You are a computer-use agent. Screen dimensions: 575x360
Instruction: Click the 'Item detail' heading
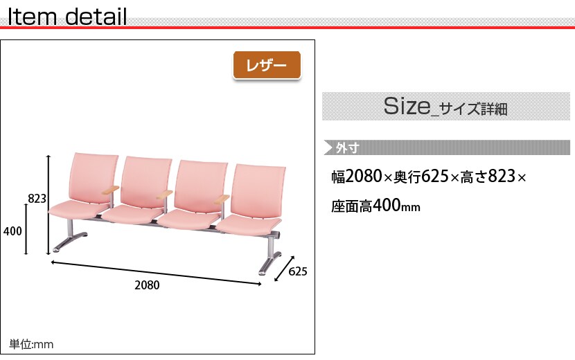point(67,17)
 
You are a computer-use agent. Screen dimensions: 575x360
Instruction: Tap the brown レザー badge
point(267,65)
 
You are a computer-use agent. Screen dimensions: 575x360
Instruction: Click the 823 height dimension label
point(37,198)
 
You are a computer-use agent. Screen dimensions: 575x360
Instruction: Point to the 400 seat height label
point(12,231)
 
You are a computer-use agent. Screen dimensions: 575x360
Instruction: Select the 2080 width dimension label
point(147,285)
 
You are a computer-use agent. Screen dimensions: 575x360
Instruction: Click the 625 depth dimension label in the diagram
point(298,271)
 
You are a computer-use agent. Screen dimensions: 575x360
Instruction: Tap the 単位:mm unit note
point(31,344)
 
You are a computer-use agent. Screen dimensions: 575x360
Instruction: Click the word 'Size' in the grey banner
point(407,106)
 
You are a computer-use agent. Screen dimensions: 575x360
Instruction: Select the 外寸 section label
point(347,147)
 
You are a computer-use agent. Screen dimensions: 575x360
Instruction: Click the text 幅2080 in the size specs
point(357,177)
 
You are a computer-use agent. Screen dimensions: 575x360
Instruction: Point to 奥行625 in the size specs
point(421,177)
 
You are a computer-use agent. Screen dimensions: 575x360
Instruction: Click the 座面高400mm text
point(375,206)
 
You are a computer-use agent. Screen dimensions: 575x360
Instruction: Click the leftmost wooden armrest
point(111,190)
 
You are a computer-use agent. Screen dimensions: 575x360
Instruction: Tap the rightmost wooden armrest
point(222,199)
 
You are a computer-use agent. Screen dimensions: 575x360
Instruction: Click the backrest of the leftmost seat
point(94,177)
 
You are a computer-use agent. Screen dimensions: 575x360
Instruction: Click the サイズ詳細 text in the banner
point(473,109)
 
